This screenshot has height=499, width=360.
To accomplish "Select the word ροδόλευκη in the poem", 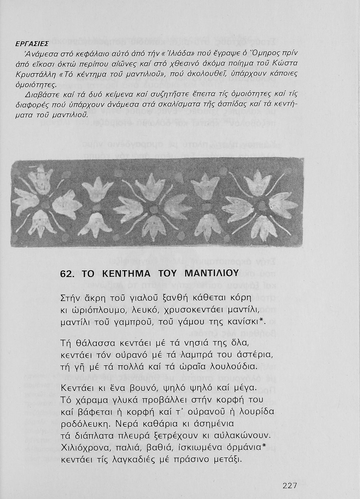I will (87, 423).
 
